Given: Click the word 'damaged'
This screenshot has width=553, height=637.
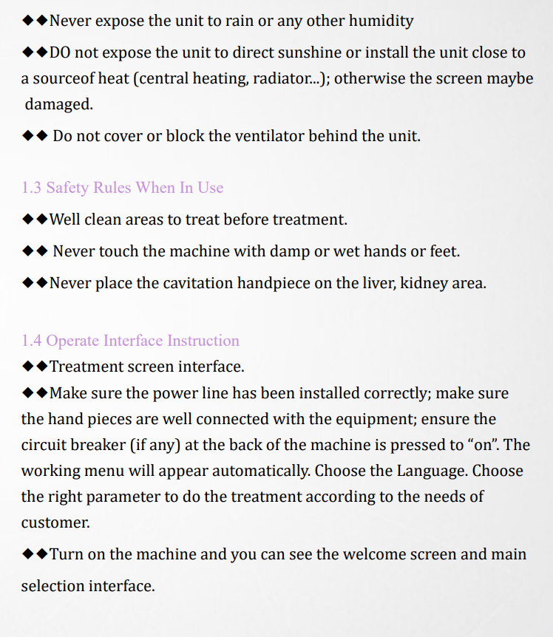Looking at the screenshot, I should click(x=58, y=104).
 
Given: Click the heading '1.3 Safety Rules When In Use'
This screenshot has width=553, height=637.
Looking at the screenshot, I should click(x=123, y=188).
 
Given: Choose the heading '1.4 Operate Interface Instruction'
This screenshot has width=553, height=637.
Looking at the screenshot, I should click(x=131, y=341).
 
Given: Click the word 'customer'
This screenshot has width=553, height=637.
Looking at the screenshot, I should click(x=55, y=522).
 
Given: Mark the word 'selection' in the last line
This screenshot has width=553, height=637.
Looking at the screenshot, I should click(x=52, y=587).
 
